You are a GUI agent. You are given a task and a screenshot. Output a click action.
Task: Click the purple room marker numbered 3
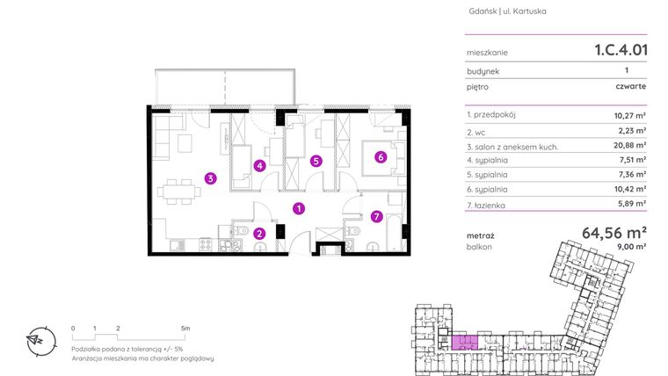(x=210, y=178)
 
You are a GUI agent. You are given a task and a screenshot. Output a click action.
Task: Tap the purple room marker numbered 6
(x=380, y=158)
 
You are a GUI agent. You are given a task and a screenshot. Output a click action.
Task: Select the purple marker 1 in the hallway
(x=299, y=208)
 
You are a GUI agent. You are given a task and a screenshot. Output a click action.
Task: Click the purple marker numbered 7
(x=375, y=216)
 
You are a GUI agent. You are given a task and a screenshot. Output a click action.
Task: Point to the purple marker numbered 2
(x=259, y=233)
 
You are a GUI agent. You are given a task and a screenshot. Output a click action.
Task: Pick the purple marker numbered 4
(x=259, y=164)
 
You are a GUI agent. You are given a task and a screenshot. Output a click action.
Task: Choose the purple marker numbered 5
(x=316, y=161)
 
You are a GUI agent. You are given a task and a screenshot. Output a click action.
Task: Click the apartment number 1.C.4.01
(x=621, y=51)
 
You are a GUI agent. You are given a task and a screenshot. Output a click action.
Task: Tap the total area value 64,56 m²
(x=614, y=233)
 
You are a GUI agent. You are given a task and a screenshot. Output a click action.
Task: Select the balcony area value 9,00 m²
(x=631, y=248)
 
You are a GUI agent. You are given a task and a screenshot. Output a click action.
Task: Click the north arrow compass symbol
(x=37, y=340)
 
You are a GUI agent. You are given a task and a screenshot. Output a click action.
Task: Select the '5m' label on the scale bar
(x=185, y=328)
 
